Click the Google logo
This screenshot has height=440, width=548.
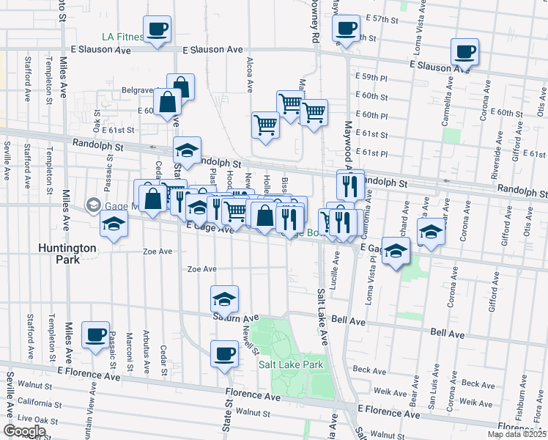click(x=24, y=430)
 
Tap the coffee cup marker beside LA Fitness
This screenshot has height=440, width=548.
click(x=158, y=30)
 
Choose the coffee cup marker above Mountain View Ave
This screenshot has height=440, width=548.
click(x=95, y=335)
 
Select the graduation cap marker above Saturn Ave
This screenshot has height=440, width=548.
click(x=225, y=299)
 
